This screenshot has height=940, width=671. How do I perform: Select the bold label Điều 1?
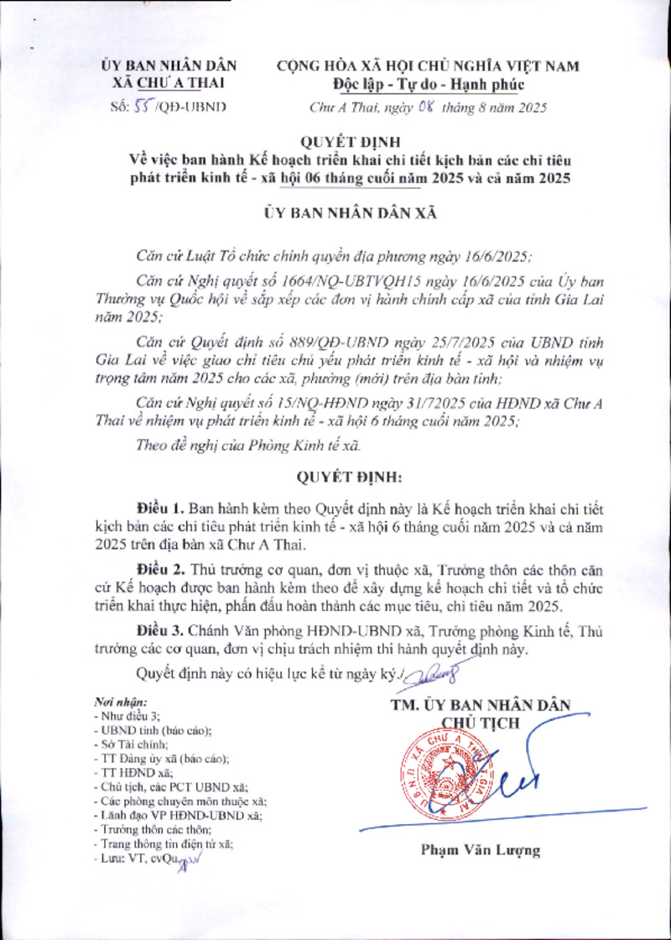(x=161, y=509)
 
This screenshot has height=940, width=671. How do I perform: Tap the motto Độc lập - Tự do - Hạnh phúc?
(x=428, y=85)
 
